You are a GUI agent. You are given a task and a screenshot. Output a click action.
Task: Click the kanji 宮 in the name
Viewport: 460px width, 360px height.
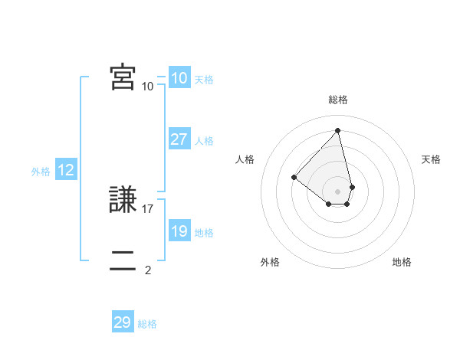click(x=123, y=77)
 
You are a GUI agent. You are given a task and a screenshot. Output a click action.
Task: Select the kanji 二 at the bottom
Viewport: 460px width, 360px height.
click(x=123, y=260)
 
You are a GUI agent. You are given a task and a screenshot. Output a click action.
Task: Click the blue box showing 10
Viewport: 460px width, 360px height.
click(x=179, y=79)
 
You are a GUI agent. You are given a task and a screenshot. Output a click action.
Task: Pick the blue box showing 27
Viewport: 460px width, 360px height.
click(x=179, y=140)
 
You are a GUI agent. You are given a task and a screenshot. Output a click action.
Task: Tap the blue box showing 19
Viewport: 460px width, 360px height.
click(x=179, y=232)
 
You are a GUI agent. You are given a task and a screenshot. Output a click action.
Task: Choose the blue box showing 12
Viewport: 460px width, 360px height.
click(x=65, y=171)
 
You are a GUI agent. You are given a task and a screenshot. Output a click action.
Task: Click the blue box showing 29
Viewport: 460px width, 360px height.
click(x=123, y=322)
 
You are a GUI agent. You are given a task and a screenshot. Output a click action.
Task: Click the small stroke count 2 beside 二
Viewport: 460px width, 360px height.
click(x=148, y=270)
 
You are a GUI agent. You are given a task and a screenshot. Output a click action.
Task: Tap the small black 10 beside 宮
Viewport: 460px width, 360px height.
click(x=148, y=86)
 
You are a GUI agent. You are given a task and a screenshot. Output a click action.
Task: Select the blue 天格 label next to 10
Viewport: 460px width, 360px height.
click(x=204, y=80)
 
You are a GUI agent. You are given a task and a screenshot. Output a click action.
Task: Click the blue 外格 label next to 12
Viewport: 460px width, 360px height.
click(x=41, y=172)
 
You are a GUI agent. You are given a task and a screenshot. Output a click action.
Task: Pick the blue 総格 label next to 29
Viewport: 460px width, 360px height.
click(x=147, y=323)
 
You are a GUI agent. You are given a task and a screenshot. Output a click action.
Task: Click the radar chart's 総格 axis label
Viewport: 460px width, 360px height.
click(x=338, y=100)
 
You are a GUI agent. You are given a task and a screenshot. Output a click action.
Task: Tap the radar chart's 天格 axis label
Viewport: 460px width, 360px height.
click(x=431, y=159)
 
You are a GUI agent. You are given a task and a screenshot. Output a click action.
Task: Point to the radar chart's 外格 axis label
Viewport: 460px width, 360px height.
click(x=270, y=262)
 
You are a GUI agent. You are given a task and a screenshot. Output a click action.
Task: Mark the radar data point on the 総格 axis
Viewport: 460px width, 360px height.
click(x=338, y=130)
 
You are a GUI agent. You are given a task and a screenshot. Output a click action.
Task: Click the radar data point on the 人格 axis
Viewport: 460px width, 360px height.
click(x=294, y=177)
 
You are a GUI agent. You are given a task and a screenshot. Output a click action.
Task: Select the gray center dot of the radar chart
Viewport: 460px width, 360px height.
click(x=338, y=191)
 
